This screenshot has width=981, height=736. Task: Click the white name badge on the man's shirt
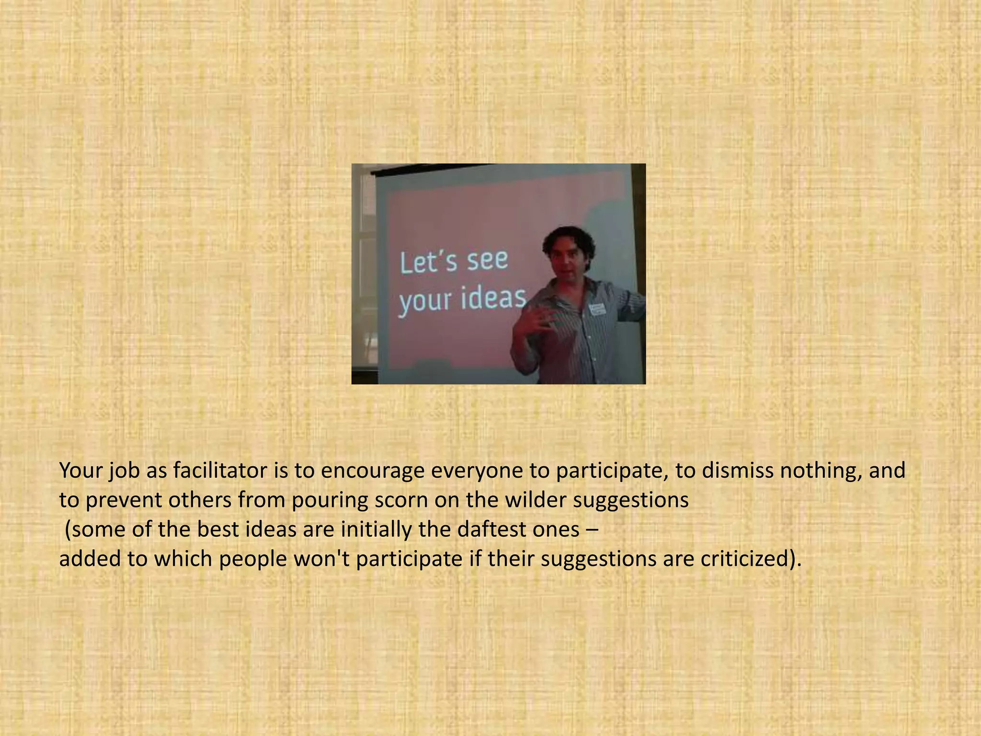597,309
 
